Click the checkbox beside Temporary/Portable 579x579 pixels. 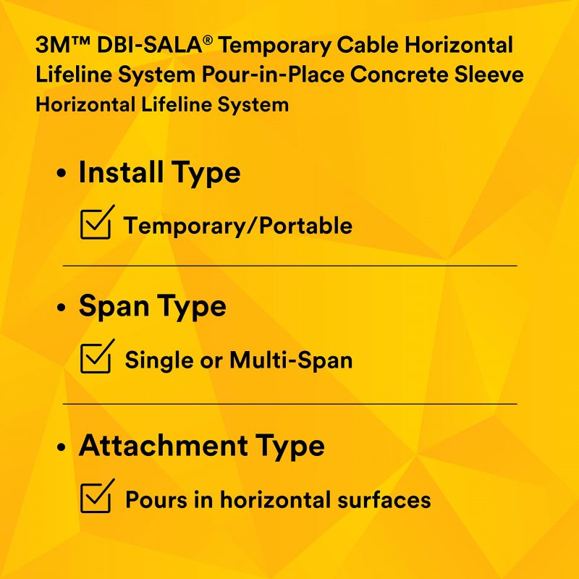[96, 224]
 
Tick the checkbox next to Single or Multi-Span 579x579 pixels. [96, 358]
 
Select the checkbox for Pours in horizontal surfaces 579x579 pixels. [96, 498]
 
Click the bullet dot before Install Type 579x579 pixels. [62, 173]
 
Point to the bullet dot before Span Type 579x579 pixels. [62, 307]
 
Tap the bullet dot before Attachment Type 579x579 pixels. [62, 447]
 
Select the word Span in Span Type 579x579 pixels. [114, 306]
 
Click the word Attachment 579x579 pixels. [163, 445]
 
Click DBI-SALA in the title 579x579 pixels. [150, 46]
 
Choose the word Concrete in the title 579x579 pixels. [399, 75]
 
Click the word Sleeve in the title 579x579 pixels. [489, 75]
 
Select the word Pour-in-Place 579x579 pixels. [273, 75]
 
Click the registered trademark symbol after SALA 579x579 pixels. [208, 40]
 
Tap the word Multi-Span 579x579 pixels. [291, 360]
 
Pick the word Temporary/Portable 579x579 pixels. [238, 226]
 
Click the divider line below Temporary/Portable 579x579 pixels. [290, 266]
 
